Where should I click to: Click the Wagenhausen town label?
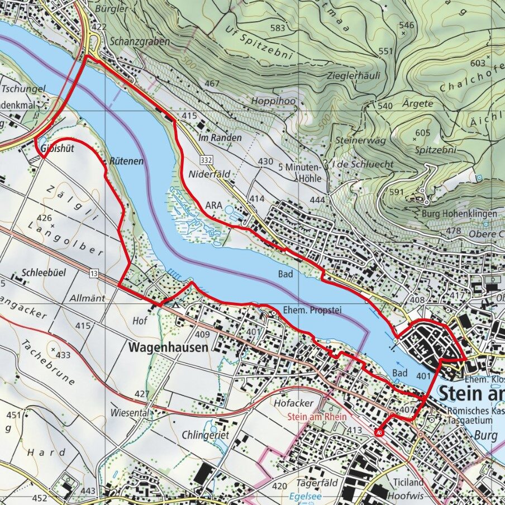[168, 347]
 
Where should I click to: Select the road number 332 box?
[207, 160]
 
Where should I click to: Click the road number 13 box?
[93, 273]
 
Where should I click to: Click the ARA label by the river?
[213, 205]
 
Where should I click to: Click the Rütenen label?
[127, 161]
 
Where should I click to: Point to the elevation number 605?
[423, 132]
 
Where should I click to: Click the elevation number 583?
[277, 28]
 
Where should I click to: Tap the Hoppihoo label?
[273, 101]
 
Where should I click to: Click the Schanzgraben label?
[137, 41]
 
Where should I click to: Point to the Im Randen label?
[220, 137]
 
